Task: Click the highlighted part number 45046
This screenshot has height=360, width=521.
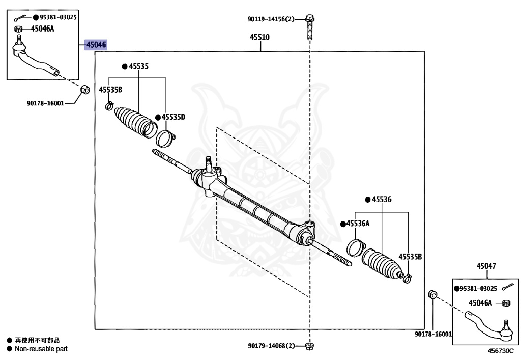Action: coord(96,45)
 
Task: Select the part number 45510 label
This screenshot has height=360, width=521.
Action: coord(259,37)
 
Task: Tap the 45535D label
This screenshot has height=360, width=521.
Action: coord(173,117)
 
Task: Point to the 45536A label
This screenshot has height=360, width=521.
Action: coord(358,224)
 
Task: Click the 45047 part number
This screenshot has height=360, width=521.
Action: coord(486,266)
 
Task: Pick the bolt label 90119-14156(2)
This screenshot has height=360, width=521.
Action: coord(271,19)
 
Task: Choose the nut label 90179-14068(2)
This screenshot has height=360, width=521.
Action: coord(272,346)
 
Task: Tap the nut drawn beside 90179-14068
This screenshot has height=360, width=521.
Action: coord(310,346)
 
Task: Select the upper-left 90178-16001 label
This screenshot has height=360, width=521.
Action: coord(45,103)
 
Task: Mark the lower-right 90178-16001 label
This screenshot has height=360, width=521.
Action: coord(432,334)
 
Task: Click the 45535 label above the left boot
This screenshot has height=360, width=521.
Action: coord(138,66)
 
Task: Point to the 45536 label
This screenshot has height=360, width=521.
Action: coord(381,200)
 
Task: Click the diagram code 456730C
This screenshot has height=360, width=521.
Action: coord(501,351)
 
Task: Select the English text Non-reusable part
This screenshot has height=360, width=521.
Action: coord(41,349)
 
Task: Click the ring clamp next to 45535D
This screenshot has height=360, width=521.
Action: coord(165,137)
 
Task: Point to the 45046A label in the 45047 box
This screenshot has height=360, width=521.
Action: coord(480,303)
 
